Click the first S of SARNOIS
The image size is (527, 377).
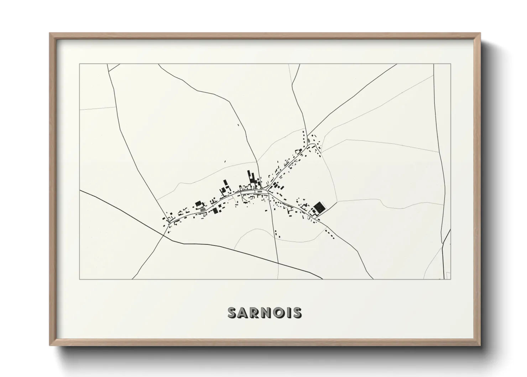coord(233,313)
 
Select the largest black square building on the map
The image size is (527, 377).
coord(319,207)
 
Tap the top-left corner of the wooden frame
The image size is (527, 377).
coord(50,34)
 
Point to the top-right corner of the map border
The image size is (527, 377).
coord(450,64)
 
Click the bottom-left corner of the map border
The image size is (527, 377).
coord(79,279)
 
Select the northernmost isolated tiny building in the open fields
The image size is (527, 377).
coord(239,124)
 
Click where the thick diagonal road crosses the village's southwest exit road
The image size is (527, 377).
coord(164,234)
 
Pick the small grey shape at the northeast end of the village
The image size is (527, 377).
coord(308,140)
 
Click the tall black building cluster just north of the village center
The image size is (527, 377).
coord(251,177)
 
